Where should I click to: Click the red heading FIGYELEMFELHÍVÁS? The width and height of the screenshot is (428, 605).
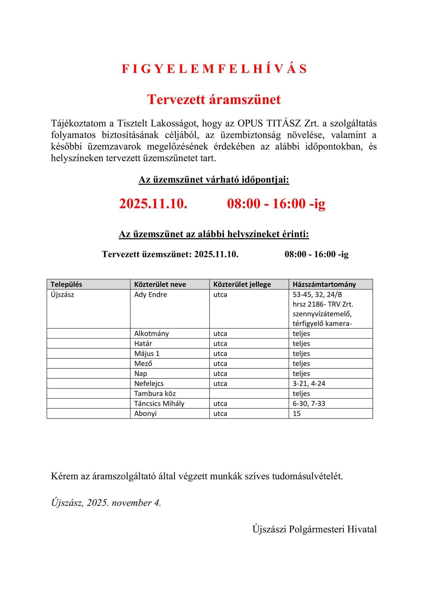pyautogui.click(x=214, y=69)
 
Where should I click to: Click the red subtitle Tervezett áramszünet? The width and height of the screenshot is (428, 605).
pyautogui.click(x=214, y=100)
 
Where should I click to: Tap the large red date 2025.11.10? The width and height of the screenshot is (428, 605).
pyautogui.click(x=153, y=204)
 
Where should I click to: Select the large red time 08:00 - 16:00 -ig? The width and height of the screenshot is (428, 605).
pyautogui.click(x=276, y=204)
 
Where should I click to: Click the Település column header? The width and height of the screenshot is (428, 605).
pyautogui.click(x=66, y=284)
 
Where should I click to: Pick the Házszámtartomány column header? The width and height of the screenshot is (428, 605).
pyautogui.click(x=324, y=284)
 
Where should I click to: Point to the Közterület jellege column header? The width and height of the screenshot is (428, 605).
pyautogui.click(x=242, y=284)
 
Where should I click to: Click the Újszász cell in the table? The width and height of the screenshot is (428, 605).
pyautogui.click(x=62, y=295)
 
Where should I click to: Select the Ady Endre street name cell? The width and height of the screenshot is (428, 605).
pyautogui.click(x=150, y=295)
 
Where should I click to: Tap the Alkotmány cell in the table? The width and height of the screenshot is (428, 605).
pyautogui.click(x=151, y=334)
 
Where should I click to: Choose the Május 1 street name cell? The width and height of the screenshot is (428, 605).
pyautogui.click(x=147, y=354)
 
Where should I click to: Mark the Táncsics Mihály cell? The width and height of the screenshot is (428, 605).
pyautogui.click(x=159, y=404)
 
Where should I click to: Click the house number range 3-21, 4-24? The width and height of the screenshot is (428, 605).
pyautogui.click(x=309, y=383)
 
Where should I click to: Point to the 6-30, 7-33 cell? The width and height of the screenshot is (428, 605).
pyautogui.click(x=309, y=404)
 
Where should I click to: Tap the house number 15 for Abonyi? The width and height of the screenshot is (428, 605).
pyautogui.click(x=296, y=414)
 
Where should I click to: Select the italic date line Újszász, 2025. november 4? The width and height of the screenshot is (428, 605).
pyautogui.click(x=106, y=502)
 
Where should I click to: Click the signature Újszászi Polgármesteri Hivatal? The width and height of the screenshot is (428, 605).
pyautogui.click(x=314, y=529)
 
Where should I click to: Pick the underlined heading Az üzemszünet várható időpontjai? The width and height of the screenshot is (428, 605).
pyautogui.click(x=214, y=180)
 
